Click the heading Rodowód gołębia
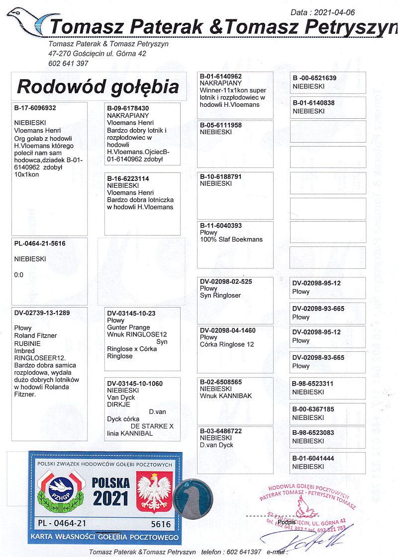[98, 86]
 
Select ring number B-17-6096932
[35, 108]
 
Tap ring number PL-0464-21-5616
[40, 243]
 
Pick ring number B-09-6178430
[128, 108]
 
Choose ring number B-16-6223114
[128, 178]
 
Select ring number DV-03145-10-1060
[135, 384]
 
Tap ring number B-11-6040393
[221, 226]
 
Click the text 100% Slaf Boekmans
[231, 239]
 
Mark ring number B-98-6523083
[313, 433]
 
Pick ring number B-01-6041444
[313, 458]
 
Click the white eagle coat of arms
[154, 492]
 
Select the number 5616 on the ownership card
[161, 524]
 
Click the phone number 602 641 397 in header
[68, 63]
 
